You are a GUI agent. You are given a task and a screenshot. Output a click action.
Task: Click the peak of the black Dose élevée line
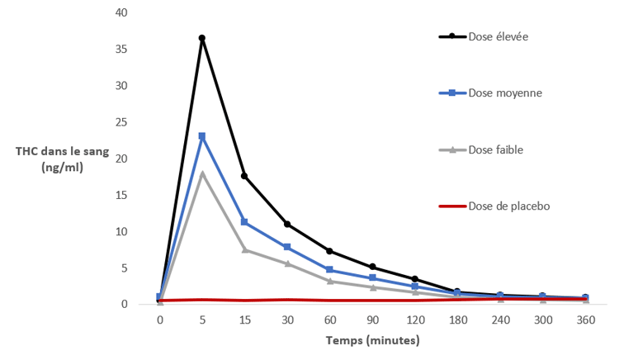click(202, 38)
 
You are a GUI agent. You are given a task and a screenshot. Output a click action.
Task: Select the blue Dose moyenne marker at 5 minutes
click(202, 136)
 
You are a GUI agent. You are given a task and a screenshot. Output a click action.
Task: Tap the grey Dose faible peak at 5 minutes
click(202, 173)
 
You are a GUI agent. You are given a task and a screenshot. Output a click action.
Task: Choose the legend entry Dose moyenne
click(504, 93)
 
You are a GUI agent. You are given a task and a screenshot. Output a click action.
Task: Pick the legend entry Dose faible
click(495, 149)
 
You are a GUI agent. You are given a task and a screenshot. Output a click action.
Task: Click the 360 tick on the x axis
click(585, 320)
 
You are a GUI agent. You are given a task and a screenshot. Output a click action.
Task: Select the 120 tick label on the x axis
click(415, 320)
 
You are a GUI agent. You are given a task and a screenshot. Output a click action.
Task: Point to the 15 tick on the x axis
click(244, 320)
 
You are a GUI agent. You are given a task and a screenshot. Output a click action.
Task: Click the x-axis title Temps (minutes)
click(372, 340)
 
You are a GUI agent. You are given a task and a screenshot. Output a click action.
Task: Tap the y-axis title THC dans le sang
click(60, 151)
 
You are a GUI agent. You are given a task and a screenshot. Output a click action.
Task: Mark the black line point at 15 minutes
click(244, 176)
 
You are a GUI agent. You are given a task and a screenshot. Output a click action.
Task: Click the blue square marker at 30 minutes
click(287, 247)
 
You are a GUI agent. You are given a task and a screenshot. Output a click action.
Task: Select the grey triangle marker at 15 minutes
click(244, 249)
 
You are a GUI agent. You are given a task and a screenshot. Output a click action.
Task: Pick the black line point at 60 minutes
click(330, 251)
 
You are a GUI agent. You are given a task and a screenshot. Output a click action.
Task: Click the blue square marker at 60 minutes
click(330, 270)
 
